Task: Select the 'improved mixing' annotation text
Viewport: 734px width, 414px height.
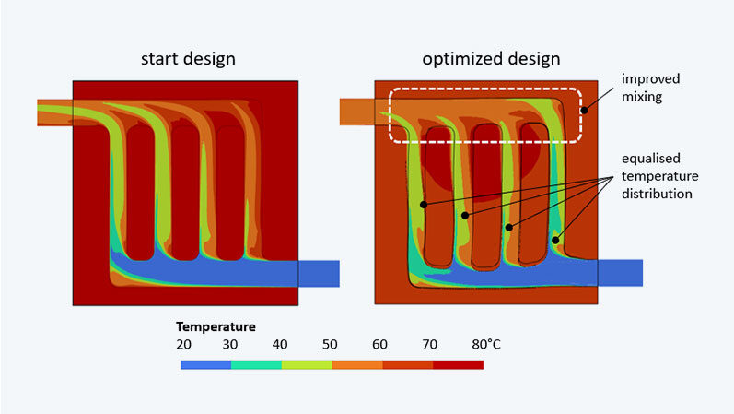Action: click(649, 87)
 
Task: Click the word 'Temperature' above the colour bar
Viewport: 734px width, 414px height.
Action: click(216, 326)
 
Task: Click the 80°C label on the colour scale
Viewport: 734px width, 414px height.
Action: click(479, 345)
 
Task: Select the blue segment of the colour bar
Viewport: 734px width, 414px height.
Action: click(205, 364)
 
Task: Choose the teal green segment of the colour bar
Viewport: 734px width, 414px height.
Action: click(256, 364)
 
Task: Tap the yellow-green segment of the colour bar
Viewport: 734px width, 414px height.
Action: click(307, 364)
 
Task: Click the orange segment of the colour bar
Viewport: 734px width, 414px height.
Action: click(357, 364)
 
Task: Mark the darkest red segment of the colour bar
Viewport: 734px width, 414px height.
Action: click(458, 364)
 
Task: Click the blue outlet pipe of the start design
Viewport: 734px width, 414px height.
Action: click(319, 273)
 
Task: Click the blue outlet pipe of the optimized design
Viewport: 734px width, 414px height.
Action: click(620, 272)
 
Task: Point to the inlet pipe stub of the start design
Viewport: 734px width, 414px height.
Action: click(54, 112)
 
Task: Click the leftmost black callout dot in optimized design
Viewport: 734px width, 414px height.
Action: click(424, 204)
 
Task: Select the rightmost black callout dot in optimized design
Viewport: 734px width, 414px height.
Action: click(555, 241)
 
